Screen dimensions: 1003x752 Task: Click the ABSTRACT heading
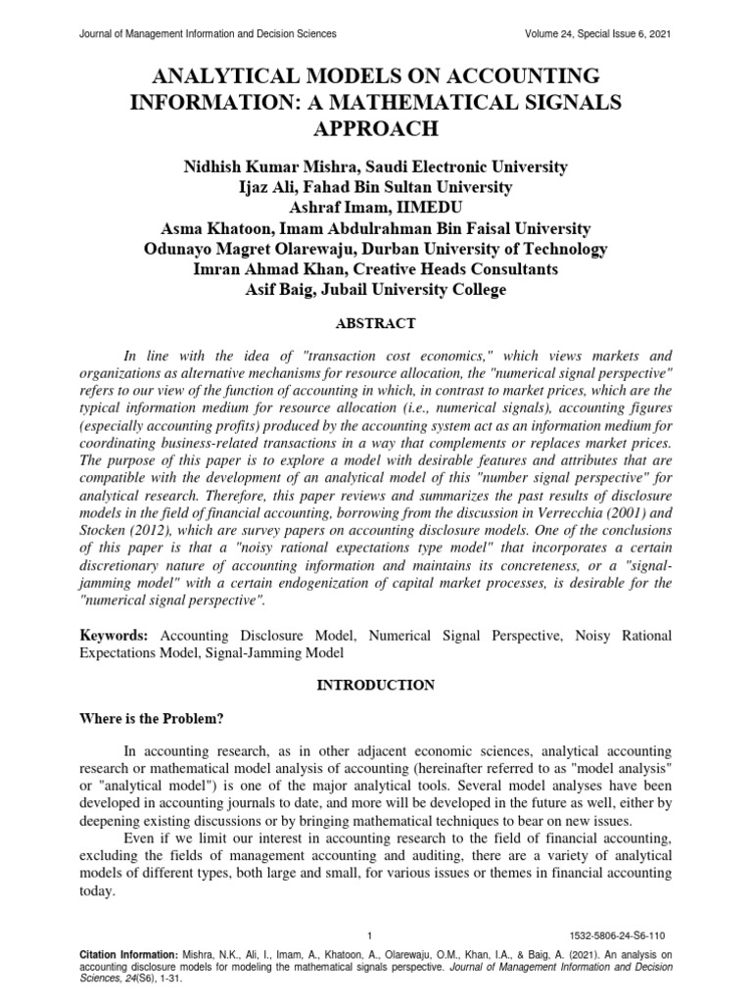pyautogui.click(x=375, y=322)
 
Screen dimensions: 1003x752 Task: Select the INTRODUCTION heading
pyautogui.click(x=375, y=686)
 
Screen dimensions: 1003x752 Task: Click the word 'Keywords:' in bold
pyautogui.click(x=113, y=636)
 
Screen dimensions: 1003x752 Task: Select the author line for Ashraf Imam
pyautogui.click(x=376, y=208)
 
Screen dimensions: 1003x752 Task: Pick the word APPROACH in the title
pyautogui.click(x=376, y=128)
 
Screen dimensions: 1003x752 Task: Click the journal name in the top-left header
pyautogui.click(x=207, y=33)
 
